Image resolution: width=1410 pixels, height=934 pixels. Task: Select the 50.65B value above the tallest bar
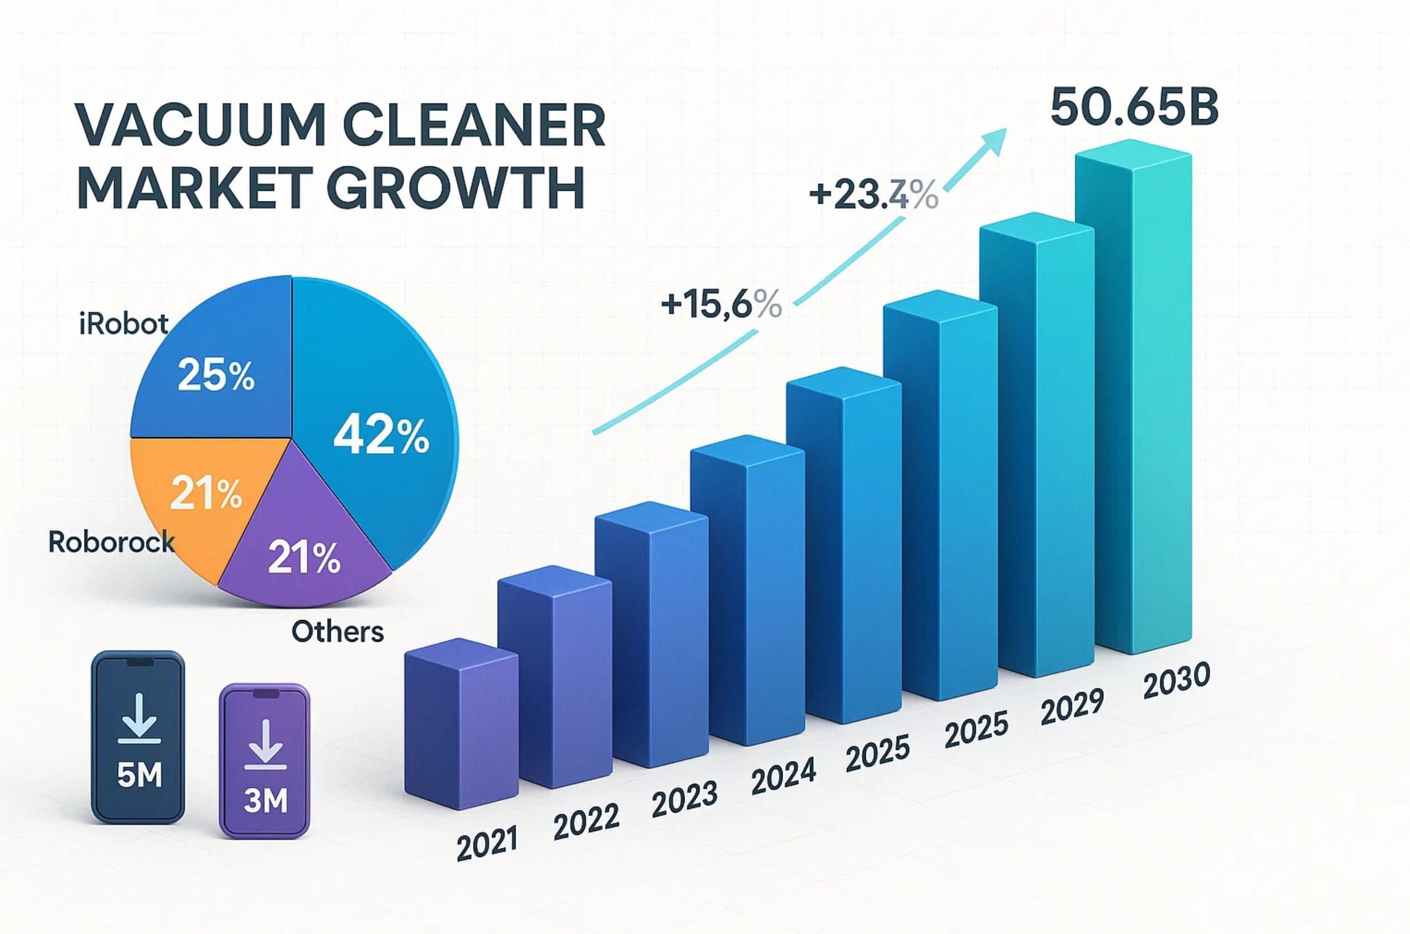tap(1135, 107)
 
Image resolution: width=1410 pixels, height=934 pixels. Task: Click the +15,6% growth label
tap(722, 305)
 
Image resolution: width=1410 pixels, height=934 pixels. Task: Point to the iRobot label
tap(124, 324)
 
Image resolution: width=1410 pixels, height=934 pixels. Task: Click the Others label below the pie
tap(337, 631)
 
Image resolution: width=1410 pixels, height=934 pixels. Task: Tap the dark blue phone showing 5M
tap(138, 737)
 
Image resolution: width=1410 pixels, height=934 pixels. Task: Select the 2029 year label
tap(1072, 707)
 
